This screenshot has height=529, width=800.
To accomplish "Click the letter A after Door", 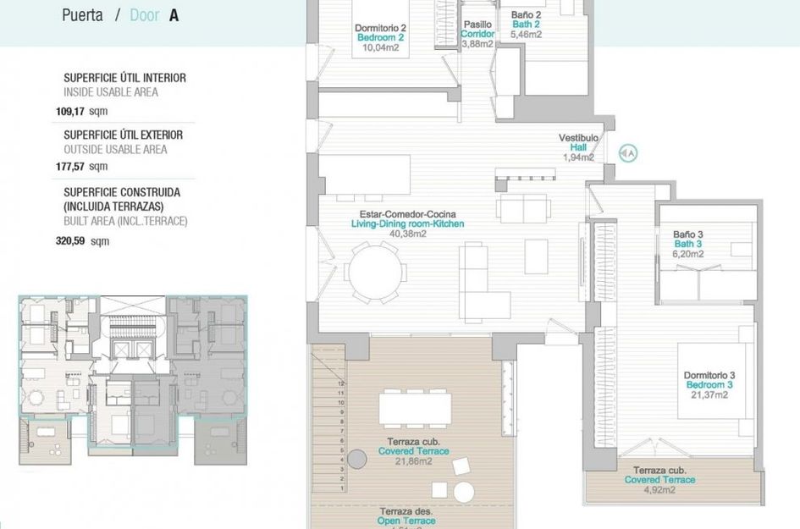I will pyautogui.click(x=174, y=15).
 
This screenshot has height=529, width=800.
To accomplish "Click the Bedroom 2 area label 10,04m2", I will pyautogui.click(x=380, y=48).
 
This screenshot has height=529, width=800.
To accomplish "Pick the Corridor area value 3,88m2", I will pyautogui.click(x=477, y=44).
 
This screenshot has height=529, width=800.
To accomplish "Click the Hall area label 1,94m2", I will pyautogui.click(x=578, y=157).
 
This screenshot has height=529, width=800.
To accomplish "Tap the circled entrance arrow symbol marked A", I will pyautogui.click(x=628, y=153).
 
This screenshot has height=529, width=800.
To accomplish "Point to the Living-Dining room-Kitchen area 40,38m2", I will pyautogui.click(x=407, y=234).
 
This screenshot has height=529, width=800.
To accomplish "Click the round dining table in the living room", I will pyautogui.click(x=377, y=273).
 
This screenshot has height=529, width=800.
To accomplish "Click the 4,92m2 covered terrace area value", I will pyautogui.click(x=659, y=489).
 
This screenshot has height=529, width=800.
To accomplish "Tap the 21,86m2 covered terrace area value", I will pyautogui.click(x=413, y=462).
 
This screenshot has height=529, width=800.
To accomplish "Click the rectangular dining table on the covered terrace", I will pyautogui.click(x=414, y=408).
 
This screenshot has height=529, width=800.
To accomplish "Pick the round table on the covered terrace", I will pyautogui.click(x=463, y=492).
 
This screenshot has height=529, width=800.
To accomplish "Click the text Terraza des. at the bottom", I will pyautogui.click(x=401, y=511).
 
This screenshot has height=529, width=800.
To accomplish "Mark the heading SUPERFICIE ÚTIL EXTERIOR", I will pyautogui.click(x=123, y=135).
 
